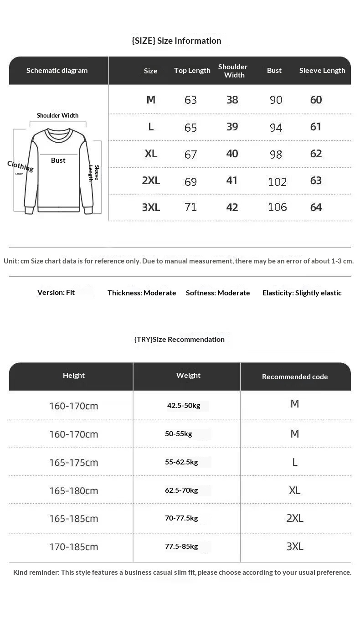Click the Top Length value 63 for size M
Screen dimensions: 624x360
coord(190,100)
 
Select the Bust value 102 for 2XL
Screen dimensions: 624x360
coord(277,182)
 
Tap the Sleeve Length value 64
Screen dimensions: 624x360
coord(316,207)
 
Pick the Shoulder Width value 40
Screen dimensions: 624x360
coord(232,154)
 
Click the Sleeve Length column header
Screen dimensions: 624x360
coord(322,71)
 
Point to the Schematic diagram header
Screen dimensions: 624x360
coord(57,71)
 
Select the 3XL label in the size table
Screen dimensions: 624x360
coord(151,207)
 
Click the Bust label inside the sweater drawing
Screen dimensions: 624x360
coord(58,160)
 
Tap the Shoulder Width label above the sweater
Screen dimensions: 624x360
coord(58,116)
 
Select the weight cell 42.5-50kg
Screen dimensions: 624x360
coord(184,405)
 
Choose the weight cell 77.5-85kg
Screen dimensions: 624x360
coord(181,546)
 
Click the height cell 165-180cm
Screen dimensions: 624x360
coord(74,491)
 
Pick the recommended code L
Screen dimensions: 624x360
coord(295,462)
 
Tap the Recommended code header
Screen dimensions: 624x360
coord(295,377)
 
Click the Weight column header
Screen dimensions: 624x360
coord(188,376)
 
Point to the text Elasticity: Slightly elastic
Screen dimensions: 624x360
coord(302,293)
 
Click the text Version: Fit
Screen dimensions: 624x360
coord(56,293)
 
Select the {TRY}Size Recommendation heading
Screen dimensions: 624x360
coord(179,340)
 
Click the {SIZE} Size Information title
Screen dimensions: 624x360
coord(176,41)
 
